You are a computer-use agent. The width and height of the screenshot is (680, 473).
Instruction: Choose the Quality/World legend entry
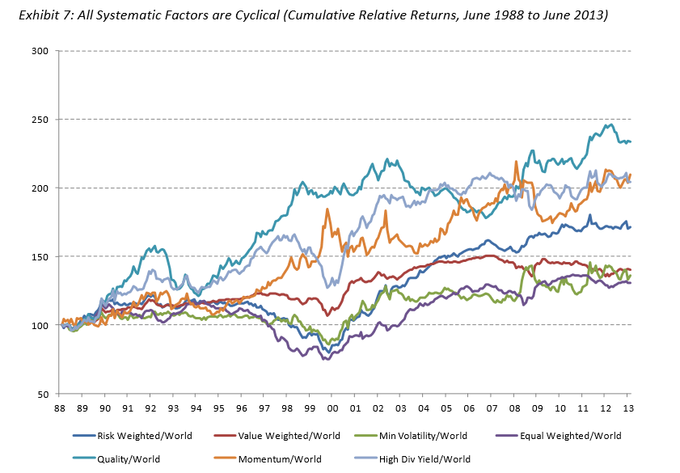coord(127,458)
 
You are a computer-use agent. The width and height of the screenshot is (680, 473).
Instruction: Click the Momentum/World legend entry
coord(276,458)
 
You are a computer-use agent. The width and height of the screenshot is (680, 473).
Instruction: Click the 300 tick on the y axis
coord(40,51)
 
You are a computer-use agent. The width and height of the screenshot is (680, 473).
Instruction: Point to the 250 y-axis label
coord(40,120)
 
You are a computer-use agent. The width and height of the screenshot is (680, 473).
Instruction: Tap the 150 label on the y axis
coord(40,257)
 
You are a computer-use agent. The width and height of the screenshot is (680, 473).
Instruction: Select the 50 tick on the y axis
coord(43,395)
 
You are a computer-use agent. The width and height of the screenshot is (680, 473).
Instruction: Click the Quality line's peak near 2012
coord(610,125)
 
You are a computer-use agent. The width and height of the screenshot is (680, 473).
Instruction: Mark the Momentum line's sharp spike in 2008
coord(516,162)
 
